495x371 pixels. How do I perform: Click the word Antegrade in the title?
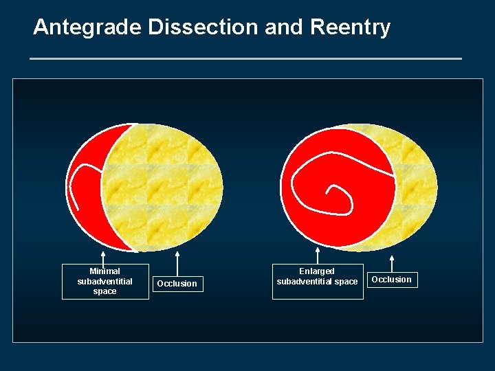(x=77, y=27)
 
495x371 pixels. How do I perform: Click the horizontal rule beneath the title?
(x=246, y=59)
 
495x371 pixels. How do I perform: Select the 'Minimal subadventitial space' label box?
(x=105, y=282)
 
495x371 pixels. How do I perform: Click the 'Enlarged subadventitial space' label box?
(x=317, y=277)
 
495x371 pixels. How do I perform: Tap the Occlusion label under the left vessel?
(x=177, y=284)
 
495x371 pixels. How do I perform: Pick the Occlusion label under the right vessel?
(x=391, y=280)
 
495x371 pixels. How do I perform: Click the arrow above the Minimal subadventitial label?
(x=103, y=258)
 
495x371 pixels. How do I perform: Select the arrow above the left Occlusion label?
(x=177, y=264)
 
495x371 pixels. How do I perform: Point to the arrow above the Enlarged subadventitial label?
(x=317, y=256)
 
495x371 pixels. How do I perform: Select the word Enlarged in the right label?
(x=317, y=271)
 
